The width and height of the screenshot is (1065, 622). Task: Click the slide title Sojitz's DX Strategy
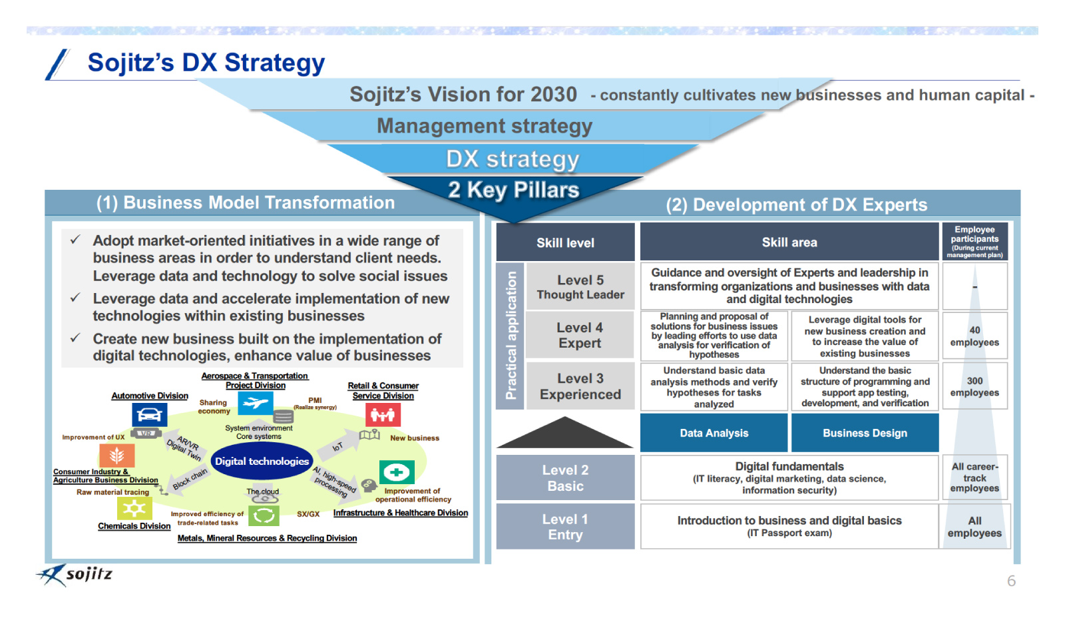click(206, 63)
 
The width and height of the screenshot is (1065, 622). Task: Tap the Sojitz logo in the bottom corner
click(75, 575)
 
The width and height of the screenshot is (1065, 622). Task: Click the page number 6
click(1011, 581)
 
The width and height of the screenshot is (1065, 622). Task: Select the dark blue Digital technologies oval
click(262, 461)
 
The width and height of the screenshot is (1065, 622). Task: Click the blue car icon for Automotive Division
click(149, 415)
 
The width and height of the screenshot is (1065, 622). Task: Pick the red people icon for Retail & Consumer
click(383, 415)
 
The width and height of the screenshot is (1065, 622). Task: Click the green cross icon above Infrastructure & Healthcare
click(397, 471)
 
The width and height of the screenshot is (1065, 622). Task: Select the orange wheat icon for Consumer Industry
click(117, 455)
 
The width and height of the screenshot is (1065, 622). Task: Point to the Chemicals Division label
click(134, 526)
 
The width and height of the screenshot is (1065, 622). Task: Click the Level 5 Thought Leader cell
click(580, 287)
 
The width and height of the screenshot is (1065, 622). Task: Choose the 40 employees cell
click(974, 336)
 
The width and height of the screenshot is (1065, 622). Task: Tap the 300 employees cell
click(974, 386)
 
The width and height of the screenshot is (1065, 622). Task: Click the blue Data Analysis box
click(714, 433)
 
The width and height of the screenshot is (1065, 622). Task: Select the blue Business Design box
click(865, 433)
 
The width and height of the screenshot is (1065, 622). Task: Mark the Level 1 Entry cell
click(565, 526)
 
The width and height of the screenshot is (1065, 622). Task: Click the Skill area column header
click(789, 242)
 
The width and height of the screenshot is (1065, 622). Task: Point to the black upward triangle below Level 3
click(565, 432)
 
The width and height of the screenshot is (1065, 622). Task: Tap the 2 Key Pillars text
click(513, 190)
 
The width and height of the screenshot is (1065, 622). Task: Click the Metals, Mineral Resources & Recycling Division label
click(267, 538)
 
